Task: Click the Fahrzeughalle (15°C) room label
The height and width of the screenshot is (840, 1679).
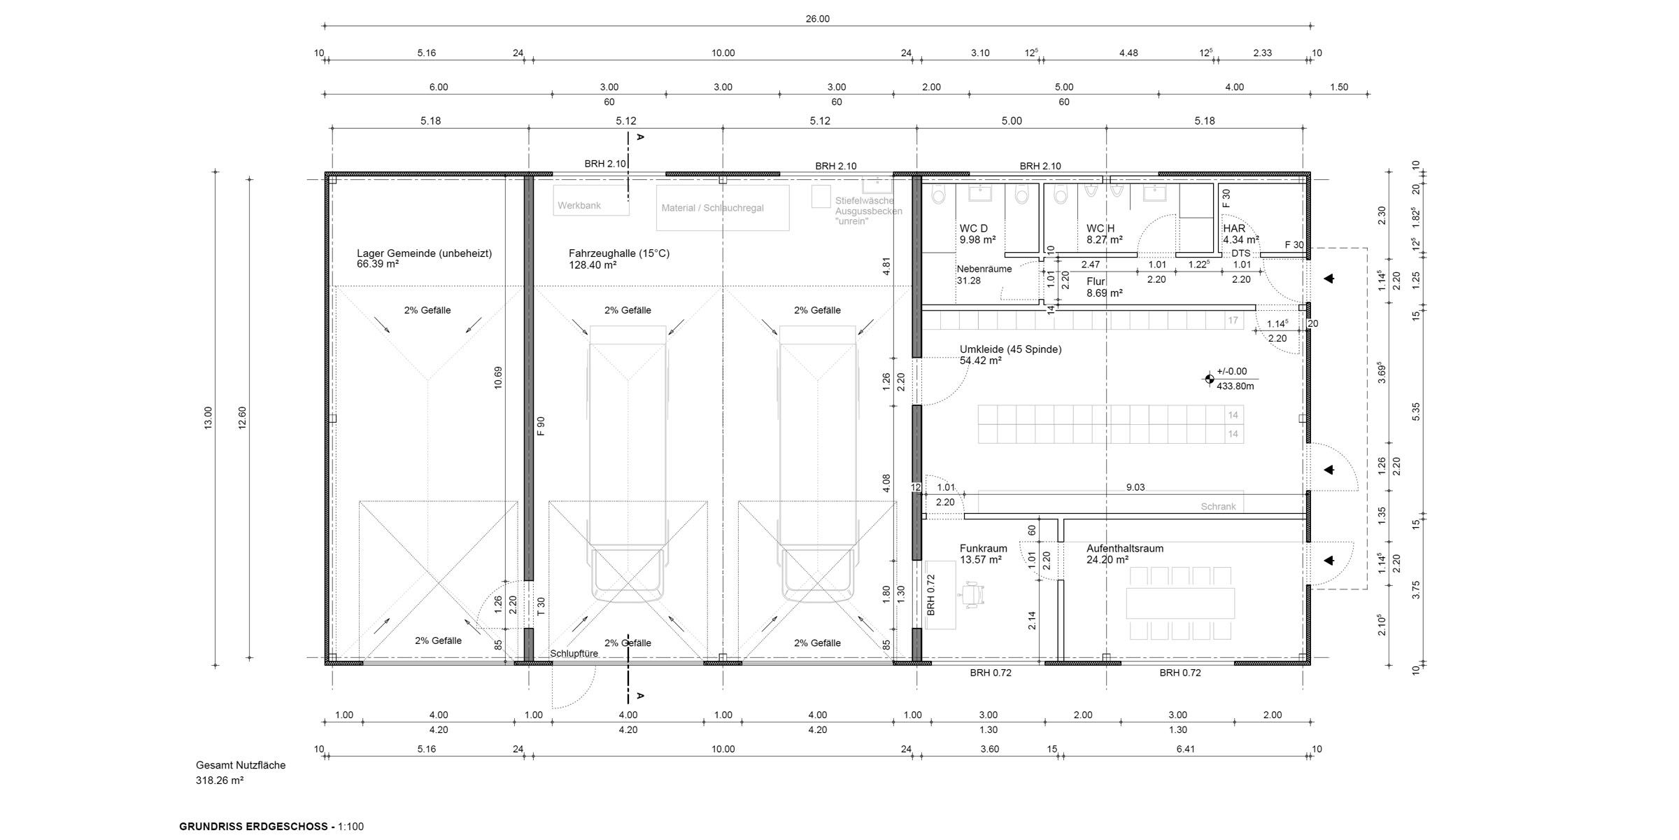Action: (618, 253)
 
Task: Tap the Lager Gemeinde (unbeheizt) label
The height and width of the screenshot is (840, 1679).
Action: (424, 253)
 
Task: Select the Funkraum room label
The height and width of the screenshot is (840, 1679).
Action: (983, 549)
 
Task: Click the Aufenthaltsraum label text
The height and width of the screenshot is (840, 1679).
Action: (1124, 549)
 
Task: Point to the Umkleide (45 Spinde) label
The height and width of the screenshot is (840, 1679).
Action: (1010, 349)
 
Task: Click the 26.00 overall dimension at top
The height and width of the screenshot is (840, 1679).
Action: (817, 19)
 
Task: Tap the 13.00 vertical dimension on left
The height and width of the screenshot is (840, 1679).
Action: (208, 418)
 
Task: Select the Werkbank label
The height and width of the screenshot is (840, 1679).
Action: (579, 206)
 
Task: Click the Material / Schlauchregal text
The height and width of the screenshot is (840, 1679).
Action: (712, 208)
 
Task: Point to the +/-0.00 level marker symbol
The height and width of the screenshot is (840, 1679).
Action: (1209, 379)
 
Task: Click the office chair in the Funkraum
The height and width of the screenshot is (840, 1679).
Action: (973, 594)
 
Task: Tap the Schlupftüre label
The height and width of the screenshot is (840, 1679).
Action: (574, 654)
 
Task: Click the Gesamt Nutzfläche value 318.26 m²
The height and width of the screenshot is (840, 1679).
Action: (220, 780)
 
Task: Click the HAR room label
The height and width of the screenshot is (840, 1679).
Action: (1234, 228)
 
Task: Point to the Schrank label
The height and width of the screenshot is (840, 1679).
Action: (1218, 507)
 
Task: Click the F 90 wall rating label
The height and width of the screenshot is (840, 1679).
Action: (541, 426)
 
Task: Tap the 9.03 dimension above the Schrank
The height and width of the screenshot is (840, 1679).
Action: (1135, 487)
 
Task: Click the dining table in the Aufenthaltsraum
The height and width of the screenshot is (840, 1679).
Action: (1180, 603)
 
